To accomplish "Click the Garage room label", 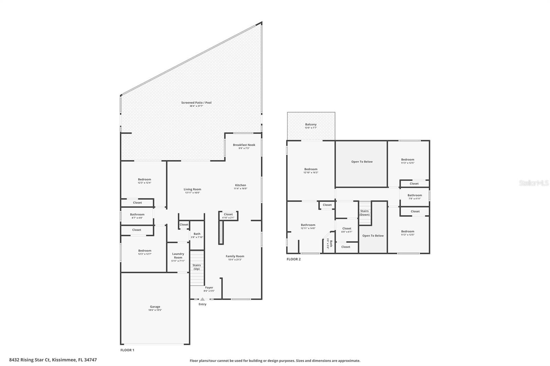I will pos(155,307).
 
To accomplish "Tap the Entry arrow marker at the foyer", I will pos(202,299).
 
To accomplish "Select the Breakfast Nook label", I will pos(244,145).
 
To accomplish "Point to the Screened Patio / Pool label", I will pos(196,103).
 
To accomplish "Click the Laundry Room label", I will pos(178,255).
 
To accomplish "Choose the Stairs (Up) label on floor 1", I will pos(196,267).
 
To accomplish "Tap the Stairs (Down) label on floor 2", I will pos(364,213).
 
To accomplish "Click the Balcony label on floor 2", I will pos(311,125).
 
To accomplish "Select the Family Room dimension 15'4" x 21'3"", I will pos(235,260).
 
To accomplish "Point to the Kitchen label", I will pos(241,185).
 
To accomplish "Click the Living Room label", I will pos(192,189).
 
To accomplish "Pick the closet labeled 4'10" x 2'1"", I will pos(228,216).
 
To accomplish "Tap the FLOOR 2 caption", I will pos(294,259).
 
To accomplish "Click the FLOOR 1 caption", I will pos(127,350).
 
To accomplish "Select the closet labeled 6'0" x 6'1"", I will pos(347,230).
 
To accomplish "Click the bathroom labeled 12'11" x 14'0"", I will pos(308,227).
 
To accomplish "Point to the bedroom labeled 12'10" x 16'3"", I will pos(311,171).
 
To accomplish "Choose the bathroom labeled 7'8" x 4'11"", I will pos(415,197).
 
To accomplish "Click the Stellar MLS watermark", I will pos(534,183).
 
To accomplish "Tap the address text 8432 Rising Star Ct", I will pos(30,360).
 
